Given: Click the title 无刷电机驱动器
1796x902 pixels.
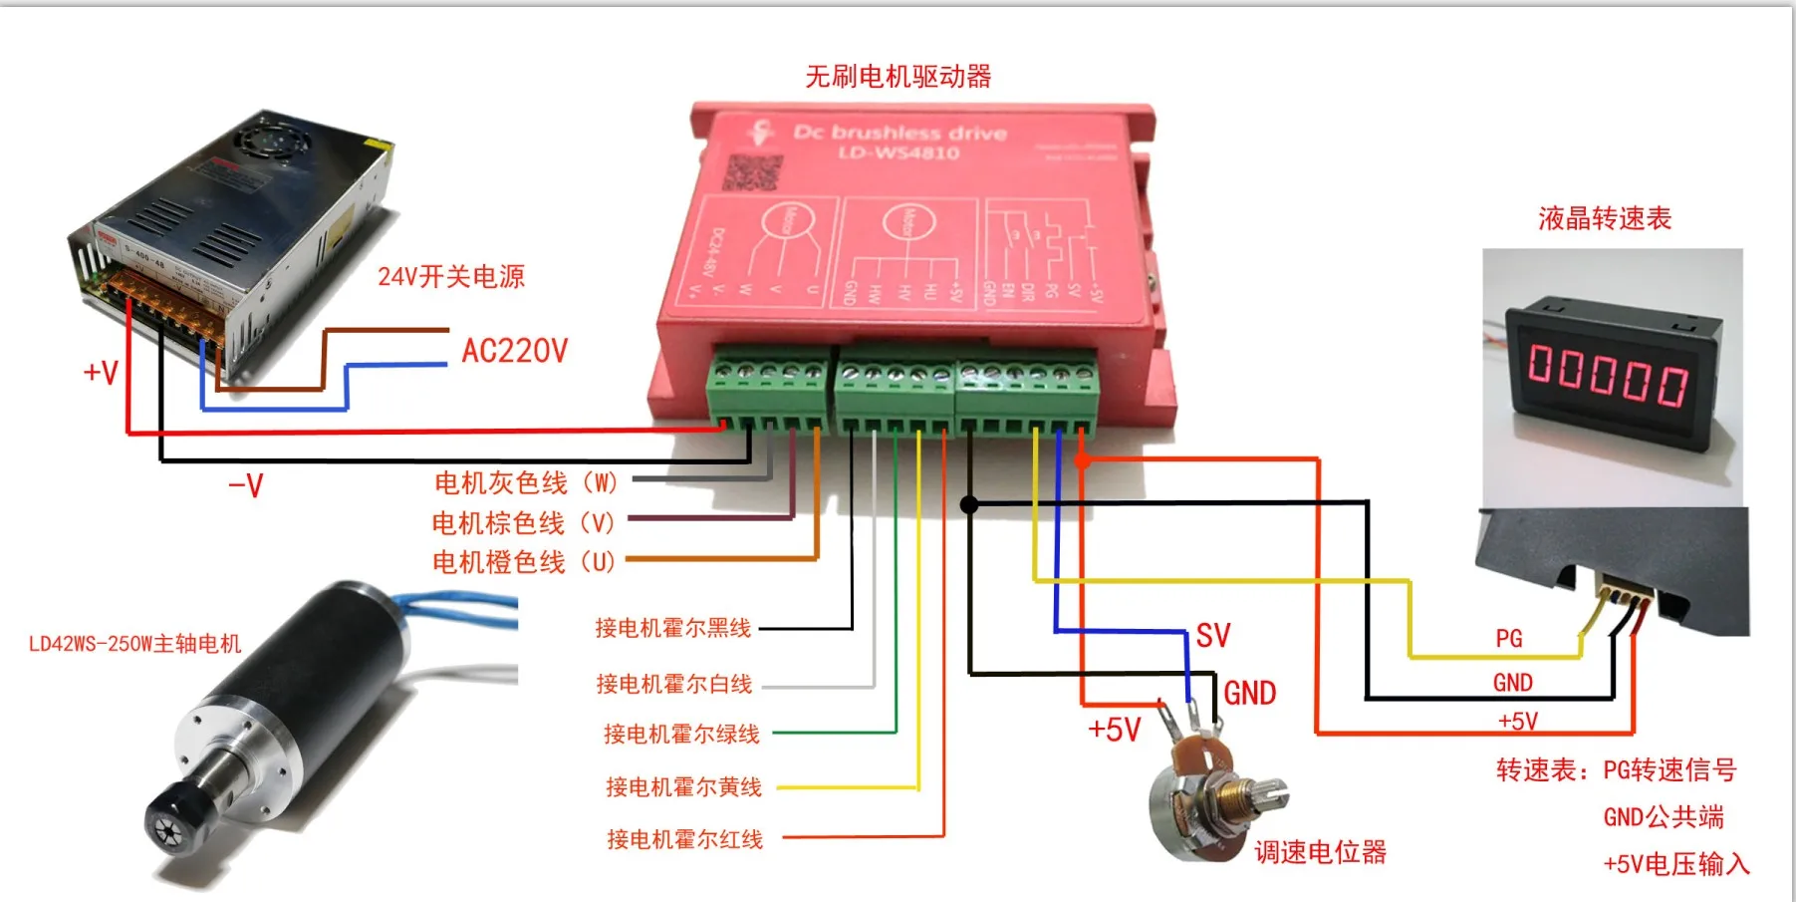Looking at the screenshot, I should point(898,77).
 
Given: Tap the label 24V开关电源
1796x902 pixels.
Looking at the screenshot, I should point(450,276).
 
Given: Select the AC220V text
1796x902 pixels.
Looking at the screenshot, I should point(514,351).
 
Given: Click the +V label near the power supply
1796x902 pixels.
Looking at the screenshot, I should point(101,373).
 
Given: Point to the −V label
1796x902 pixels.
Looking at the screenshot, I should point(245,486).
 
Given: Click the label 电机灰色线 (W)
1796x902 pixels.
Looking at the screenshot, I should point(526,483).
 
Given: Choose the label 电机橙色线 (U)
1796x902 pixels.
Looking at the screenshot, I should point(523,562).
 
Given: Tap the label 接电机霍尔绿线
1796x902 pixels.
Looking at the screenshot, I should point(681,735).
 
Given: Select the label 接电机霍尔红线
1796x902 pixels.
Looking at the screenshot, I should point(684,839).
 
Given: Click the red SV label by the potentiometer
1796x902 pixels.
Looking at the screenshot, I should point(1213,636).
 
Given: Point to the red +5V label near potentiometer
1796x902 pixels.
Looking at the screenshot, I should point(1114,730).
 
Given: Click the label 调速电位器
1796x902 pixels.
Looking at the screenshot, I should point(1320,852).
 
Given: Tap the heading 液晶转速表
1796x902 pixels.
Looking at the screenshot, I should point(1604,218).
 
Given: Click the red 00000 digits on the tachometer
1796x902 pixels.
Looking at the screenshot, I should point(1608,377).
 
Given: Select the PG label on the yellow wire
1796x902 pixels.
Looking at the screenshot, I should point(1508,638).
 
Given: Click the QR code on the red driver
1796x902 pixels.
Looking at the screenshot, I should point(752,172).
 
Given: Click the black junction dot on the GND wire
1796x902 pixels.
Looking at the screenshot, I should point(968,504).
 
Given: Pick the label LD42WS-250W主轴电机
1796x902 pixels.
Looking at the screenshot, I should point(134,644).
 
